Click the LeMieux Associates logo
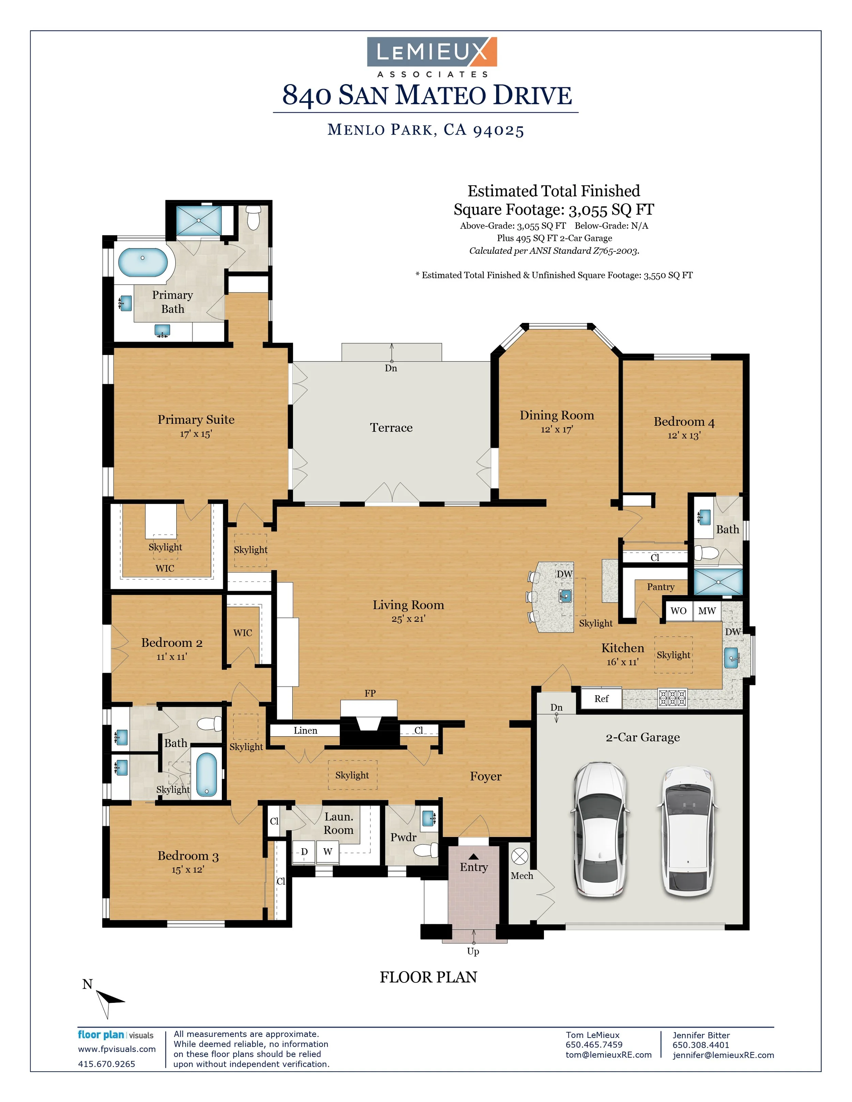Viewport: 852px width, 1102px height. click(432, 57)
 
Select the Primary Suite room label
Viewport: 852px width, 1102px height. click(196, 419)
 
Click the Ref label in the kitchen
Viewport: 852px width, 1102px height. click(601, 698)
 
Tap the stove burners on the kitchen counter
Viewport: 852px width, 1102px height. click(672, 698)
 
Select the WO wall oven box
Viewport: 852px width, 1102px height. click(679, 610)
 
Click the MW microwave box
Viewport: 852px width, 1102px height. click(706, 610)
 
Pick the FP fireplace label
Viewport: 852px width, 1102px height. click(370, 693)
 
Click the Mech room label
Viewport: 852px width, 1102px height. click(522, 875)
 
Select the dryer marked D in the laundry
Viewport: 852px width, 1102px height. click(304, 852)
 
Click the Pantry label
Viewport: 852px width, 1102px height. click(661, 587)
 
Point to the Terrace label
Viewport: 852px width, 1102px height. click(391, 428)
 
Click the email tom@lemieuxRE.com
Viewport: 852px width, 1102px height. click(609, 1055)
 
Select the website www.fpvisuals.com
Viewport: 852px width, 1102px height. click(117, 1049)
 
